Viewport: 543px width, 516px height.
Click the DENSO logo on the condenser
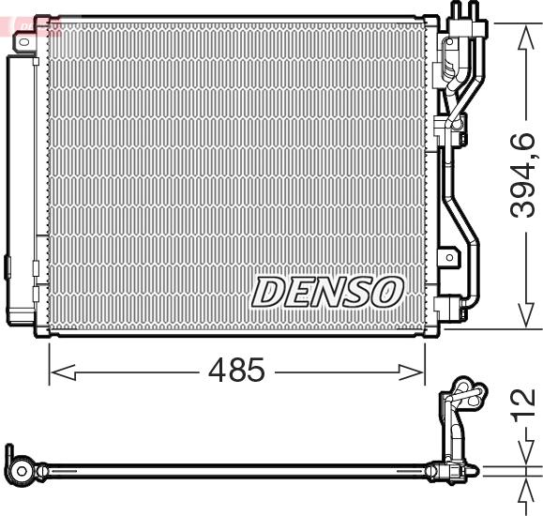click(326, 291)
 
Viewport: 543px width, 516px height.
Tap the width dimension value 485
click(235, 372)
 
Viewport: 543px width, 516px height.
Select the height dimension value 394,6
click(522, 175)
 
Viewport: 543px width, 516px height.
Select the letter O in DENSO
click(387, 291)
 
